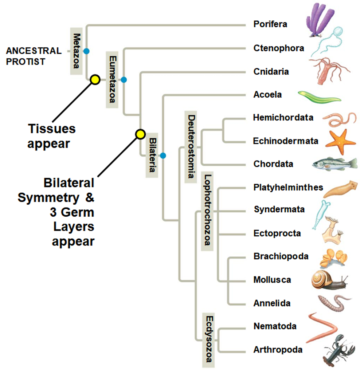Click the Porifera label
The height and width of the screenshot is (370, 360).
[x=270, y=24]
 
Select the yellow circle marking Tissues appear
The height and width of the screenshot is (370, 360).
[x=95, y=80]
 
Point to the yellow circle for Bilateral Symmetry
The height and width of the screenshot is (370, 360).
[x=140, y=134]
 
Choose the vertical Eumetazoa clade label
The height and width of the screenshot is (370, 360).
[x=112, y=79]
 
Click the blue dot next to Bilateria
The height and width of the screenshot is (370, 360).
[x=163, y=156]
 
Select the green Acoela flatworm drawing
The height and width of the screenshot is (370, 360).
[x=319, y=97]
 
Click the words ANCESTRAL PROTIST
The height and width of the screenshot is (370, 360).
[x=34, y=56]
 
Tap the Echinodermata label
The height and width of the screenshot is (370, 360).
[x=286, y=141]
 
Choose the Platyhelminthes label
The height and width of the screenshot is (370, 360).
[x=288, y=187]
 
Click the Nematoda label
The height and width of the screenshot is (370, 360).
[x=275, y=326]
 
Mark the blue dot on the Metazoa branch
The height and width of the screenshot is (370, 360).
[x=86, y=51]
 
